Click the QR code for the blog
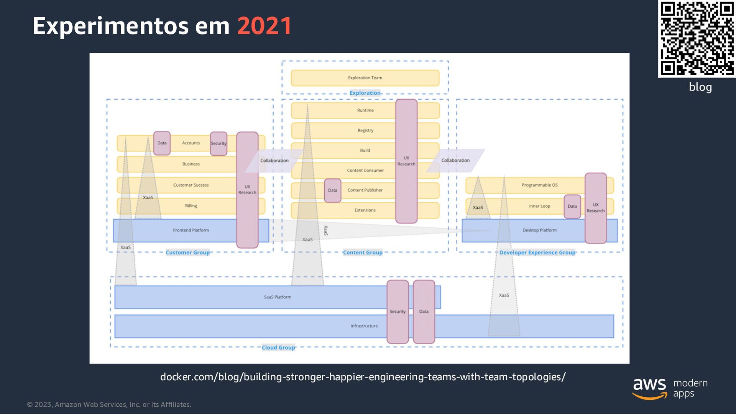coord(697,38)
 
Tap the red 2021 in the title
coord(264,26)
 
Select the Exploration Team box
coord(365,78)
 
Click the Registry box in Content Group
coord(365,130)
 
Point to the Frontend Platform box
coord(191,230)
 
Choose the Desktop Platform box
coord(539,230)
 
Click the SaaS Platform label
coord(278,297)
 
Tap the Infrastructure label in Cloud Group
coord(364,326)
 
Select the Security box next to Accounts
coord(219,143)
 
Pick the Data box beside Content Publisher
coord(332,191)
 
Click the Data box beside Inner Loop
coord(572,206)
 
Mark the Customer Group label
coord(187,253)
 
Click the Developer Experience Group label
coord(537,253)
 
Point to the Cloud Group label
coord(278,348)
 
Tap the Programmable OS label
coord(539,185)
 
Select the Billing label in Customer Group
coord(191,206)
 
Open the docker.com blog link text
coord(363,377)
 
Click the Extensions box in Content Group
coord(365,210)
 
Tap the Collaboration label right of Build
coord(455,161)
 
